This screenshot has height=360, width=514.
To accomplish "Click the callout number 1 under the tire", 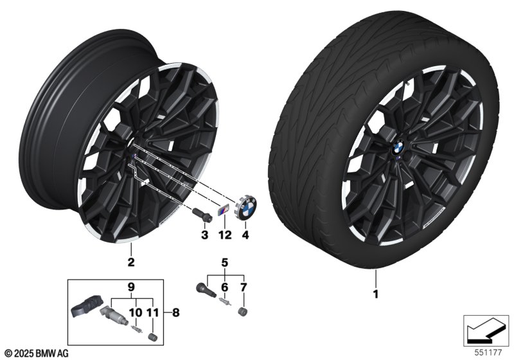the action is click(376, 294).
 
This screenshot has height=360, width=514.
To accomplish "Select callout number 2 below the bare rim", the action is click(131, 262).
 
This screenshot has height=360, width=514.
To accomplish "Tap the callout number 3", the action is click(205, 235).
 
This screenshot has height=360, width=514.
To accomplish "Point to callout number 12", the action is click(226, 235).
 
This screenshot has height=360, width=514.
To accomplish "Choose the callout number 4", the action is click(245, 235).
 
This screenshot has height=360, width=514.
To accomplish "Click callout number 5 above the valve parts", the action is click(224, 262).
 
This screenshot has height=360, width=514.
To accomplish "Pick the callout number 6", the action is click(224, 287).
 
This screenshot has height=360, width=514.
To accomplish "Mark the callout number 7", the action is click(243, 287).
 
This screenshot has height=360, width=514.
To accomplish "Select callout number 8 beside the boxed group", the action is click(176, 312).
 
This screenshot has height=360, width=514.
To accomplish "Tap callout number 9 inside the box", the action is click(131, 287).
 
